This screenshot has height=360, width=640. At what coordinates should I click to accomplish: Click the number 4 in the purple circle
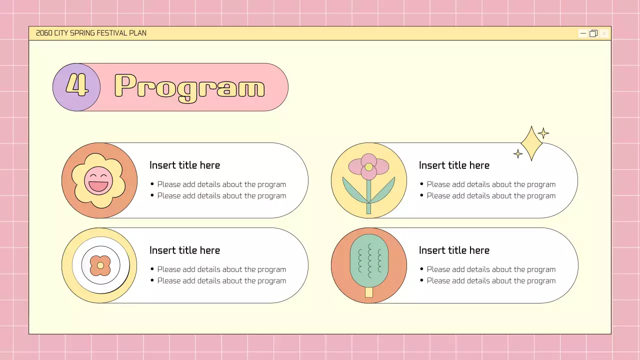(76, 86)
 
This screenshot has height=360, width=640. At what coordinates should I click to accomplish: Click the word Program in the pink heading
(189, 87)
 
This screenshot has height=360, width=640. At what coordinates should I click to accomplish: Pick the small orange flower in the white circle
(100, 265)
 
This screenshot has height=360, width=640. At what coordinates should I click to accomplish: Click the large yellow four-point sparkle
(531, 143)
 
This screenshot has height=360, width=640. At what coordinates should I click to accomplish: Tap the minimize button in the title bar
(583, 33)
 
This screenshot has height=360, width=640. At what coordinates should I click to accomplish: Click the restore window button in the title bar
(593, 33)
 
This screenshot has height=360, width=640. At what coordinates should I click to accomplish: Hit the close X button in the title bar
(604, 33)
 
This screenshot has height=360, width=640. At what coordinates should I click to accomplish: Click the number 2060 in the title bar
(44, 33)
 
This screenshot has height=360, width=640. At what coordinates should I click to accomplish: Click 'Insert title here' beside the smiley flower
(184, 165)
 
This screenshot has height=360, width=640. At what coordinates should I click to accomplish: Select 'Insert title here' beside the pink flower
(454, 165)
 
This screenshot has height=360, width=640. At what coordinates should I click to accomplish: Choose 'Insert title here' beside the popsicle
(454, 250)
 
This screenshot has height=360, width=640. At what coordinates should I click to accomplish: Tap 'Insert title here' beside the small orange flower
(184, 250)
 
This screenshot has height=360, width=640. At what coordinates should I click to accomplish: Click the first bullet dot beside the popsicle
(421, 269)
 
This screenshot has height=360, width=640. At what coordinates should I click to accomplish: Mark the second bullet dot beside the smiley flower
(152, 195)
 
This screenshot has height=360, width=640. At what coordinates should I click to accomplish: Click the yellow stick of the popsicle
(369, 292)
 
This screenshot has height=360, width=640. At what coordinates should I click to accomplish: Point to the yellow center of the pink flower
(368, 167)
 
